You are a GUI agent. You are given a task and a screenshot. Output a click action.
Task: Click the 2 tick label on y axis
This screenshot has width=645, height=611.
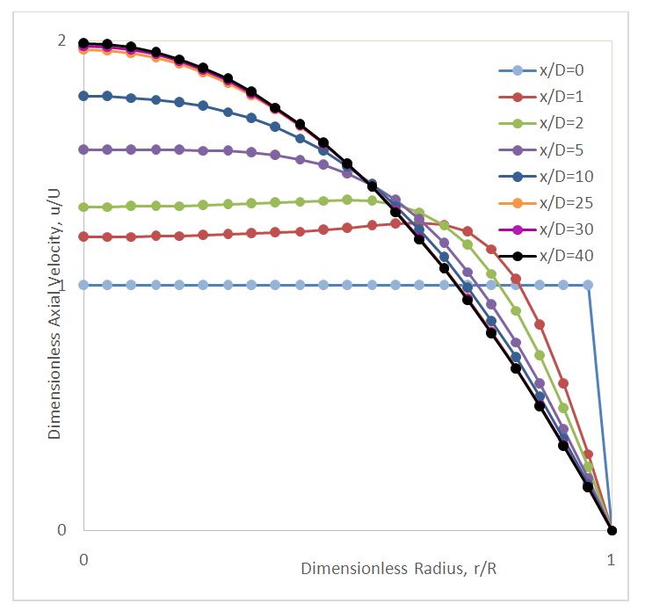tap(61, 40)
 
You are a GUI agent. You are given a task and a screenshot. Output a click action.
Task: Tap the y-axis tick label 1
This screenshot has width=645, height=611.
tap(61, 286)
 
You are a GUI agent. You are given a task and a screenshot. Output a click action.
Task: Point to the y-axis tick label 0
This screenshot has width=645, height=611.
tap(61, 530)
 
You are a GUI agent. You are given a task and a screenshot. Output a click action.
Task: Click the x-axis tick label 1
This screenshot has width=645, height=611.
tap(611, 559)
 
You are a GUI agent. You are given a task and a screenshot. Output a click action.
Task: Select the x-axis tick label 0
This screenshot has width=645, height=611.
tap(83, 559)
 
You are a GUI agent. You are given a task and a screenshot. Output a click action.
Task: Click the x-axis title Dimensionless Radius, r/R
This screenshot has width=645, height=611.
tap(399, 568)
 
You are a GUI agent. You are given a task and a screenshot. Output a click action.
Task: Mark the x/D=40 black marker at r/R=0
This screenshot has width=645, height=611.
tap(83, 43)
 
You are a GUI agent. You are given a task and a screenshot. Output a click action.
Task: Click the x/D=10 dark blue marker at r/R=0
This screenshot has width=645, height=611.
tap(83, 95)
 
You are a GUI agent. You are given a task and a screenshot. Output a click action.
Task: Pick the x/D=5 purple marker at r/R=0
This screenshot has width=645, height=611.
tap(83, 149)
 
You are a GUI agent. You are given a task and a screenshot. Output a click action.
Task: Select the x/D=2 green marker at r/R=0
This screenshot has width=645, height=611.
tap(83, 207)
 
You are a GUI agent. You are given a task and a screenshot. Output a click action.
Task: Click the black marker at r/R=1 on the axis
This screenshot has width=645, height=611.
tap(612, 530)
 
